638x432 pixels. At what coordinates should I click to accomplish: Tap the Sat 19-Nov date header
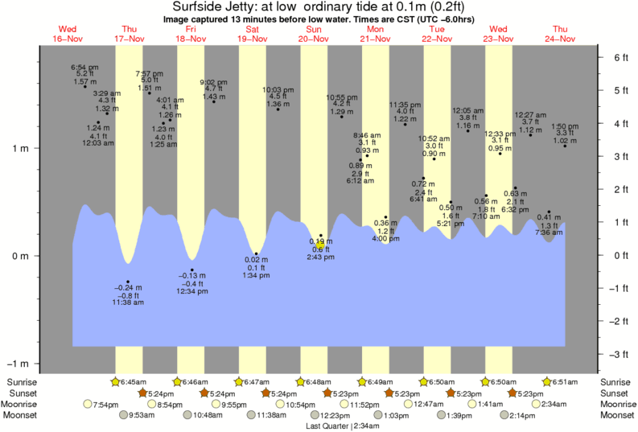[252, 35]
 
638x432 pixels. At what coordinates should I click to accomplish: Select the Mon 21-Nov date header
[375, 35]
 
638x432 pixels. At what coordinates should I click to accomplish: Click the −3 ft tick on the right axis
[620, 355]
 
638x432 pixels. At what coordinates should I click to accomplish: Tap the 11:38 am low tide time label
[129, 302]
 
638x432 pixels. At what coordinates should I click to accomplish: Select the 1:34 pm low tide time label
[256, 275]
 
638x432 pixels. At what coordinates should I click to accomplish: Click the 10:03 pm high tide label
[278, 90]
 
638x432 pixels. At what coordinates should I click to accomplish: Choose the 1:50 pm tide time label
[566, 126]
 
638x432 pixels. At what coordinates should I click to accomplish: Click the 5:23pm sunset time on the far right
[533, 393]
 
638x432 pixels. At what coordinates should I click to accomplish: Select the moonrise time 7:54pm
[107, 404]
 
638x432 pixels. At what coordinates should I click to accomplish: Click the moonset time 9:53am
[142, 415]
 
